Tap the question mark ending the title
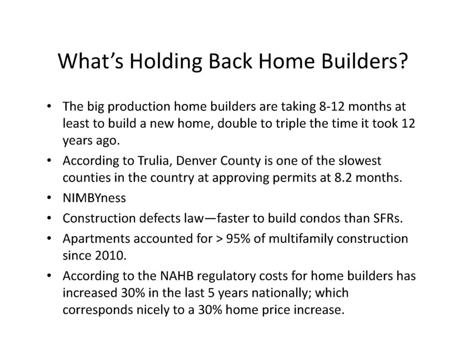pyautogui.click(x=403, y=61)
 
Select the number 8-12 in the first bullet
pyautogui.click(x=332, y=106)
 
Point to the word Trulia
pyautogui.click(x=152, y=161)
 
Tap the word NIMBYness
pyautogui.click(x=94, y=198)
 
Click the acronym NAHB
pyautogui.click(x=177, y=276)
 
